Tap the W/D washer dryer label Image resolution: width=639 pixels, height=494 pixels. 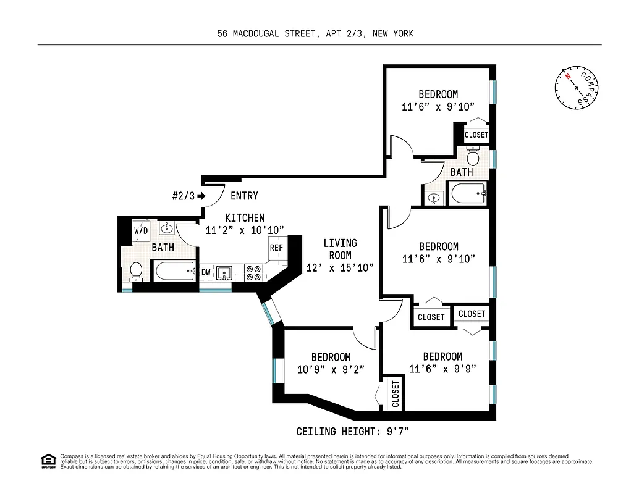pyautogui.click(x=141, y=230)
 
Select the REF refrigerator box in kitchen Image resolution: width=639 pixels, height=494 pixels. pyautogui.click(x=276, y=248)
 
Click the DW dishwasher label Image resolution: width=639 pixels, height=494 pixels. pyautogui.click(x=206, y=272)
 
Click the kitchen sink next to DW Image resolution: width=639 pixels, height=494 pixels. pyautogui.click(x=224, y=272)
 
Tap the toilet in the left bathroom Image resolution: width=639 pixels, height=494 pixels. pyautogui.click(x=136, y=270)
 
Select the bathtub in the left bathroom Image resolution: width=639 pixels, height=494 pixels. pyautogui.click(x=175, y=270)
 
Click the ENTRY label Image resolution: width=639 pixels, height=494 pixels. pyautogui.click(x=244, y=196)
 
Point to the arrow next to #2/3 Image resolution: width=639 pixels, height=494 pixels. pyautogui.click(x=201, y=196)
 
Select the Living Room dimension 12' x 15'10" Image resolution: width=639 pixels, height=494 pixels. pyautogui.click(x=340, y=267)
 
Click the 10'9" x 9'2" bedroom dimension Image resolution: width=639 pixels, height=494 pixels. pyautogui.click(x=331, y=369)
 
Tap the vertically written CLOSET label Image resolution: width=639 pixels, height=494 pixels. pyautogui.click(x=396, y=394)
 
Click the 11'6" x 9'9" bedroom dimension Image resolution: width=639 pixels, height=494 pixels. pyautogui.click(x=442, y=369)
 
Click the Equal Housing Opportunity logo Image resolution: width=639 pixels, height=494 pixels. pyautogui.click(x=48, y=460)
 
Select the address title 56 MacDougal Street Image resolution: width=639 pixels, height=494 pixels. pyautogui.click(x=315, y=34)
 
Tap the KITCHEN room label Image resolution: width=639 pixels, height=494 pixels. pyautogui.click(x=245, y=218)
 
